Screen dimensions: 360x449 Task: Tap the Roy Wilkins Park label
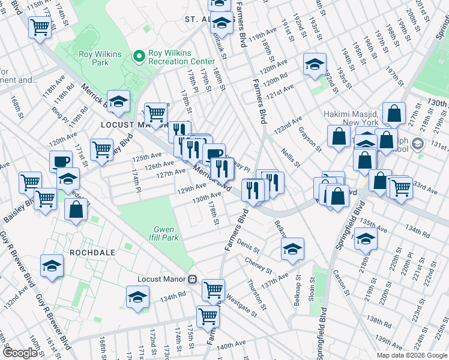[x=100, y=58]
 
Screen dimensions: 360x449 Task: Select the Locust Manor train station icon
[x=193, y=279]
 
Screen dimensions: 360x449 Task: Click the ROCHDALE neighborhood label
[x=92, y=253]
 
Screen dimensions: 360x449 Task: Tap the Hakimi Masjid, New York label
[x=350, y=118]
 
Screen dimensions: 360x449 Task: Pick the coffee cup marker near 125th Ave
[x=61, y=161]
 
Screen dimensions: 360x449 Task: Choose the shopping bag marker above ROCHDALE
[x=76, y=209]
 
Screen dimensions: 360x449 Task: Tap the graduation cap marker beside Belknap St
[x=292, y=249]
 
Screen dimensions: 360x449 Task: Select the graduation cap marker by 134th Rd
[x=137, y=297]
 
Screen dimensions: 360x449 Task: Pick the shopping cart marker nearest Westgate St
[x=208, y=315]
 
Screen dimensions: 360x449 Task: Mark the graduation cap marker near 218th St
[x=366, y=239]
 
